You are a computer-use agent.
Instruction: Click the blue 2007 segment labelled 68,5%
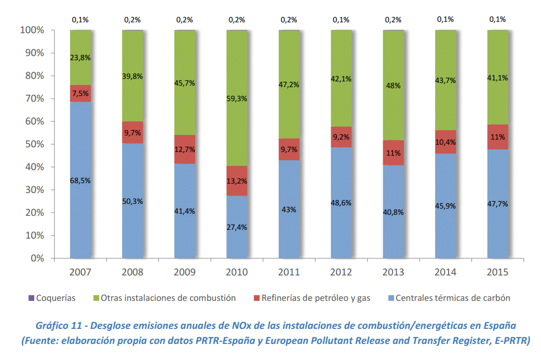pyautogui.click(x=80, y=179)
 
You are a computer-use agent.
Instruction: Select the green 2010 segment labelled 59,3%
pyautogui.click(x=237, y=98)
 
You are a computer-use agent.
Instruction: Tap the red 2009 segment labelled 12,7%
pyautogui.click(x=185, y=149)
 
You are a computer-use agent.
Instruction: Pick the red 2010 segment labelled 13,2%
pyautogui.click(x=237, y=181)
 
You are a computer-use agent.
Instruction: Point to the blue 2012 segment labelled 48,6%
pyautogui.click(x=341, y=202)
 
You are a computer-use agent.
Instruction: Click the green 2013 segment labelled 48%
pyautogui.click(x=393, y=85)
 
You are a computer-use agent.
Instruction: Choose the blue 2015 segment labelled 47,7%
pyautogui.click(x=497, y=203)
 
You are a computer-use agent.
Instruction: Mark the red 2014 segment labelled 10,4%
pyautogui.click(x=445, y=142)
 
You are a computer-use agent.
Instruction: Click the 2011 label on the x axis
pyautogui.click(x=289, y=272)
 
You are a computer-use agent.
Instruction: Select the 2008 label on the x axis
pyautogui.click(x=132, y=272)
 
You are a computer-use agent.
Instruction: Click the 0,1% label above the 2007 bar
pyautogui.click(x=80, y=20)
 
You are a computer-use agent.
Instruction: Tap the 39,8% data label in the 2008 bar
pyautogui.click(x=132, y=76)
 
